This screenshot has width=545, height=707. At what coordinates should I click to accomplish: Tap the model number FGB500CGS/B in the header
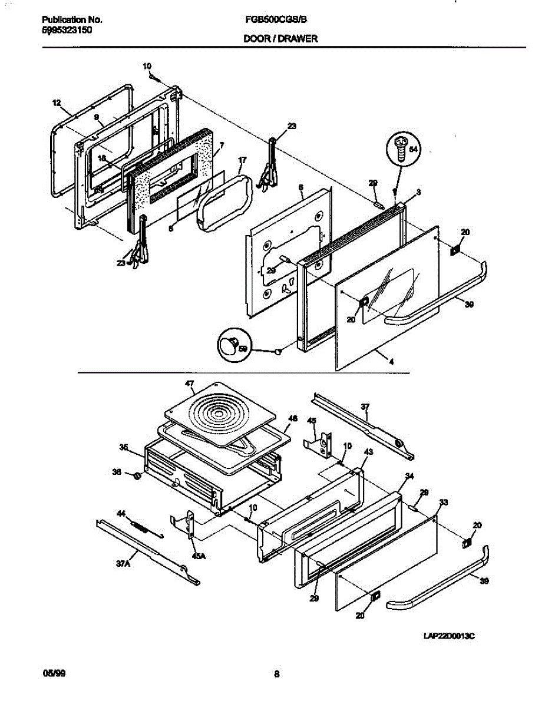point(276,19)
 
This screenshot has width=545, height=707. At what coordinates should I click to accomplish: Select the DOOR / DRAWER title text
point(280,39)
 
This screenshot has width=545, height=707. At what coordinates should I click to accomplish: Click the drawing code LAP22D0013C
point(449,636)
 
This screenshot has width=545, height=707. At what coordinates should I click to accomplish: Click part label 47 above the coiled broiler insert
point(189,384)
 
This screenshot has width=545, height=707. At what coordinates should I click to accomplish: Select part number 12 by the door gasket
point(57,103)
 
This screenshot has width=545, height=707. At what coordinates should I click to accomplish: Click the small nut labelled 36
point(134,475)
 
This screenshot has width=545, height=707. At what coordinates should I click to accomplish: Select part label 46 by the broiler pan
point(292,419)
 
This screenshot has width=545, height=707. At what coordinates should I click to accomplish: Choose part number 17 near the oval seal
point(242,160)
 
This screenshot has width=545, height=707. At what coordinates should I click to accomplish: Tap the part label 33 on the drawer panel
point(444,502)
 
